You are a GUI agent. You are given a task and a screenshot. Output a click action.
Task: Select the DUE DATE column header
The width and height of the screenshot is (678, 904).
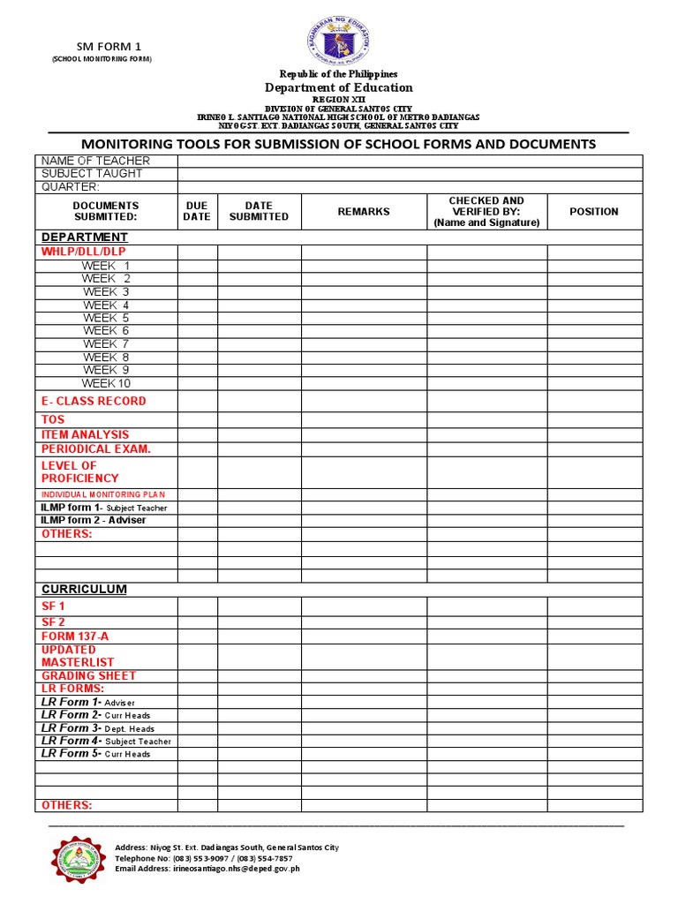coord(197,211)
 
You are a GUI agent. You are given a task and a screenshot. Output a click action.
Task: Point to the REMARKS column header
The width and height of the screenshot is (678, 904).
coord(364,212)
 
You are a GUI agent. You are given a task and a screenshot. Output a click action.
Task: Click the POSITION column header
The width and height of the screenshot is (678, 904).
coord(594,212)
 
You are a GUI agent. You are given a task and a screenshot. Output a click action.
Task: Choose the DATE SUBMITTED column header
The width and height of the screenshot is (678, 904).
coord(259,211)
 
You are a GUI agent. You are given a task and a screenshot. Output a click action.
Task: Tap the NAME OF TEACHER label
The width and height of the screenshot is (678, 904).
coord(96,161)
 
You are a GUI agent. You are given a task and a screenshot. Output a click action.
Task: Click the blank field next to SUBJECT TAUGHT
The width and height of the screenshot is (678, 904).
coord(410,174)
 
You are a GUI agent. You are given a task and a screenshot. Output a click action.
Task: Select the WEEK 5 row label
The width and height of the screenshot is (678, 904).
coord(106,318)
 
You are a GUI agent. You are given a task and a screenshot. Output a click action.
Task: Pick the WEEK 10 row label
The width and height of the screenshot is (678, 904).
coord(106,383)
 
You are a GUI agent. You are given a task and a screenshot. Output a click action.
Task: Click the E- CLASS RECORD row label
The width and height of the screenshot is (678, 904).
coord(94,401)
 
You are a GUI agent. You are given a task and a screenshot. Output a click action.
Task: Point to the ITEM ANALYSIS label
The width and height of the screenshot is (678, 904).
coord(85,434)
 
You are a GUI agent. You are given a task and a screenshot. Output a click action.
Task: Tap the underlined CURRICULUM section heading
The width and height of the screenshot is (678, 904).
coord(84,589)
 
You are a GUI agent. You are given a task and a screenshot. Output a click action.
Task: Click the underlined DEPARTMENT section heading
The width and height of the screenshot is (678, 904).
coord(85,237)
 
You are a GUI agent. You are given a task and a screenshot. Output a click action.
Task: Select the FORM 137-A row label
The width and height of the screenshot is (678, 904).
coord(75,637)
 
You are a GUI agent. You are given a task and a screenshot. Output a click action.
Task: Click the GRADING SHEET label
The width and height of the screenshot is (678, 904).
coord(88,675)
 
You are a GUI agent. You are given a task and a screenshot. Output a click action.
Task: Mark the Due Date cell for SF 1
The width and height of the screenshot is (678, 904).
coord(197,606)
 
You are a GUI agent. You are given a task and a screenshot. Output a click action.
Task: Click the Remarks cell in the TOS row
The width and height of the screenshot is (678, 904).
coord(364,420)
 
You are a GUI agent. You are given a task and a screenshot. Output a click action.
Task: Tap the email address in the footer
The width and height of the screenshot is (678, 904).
coord(207,869)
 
